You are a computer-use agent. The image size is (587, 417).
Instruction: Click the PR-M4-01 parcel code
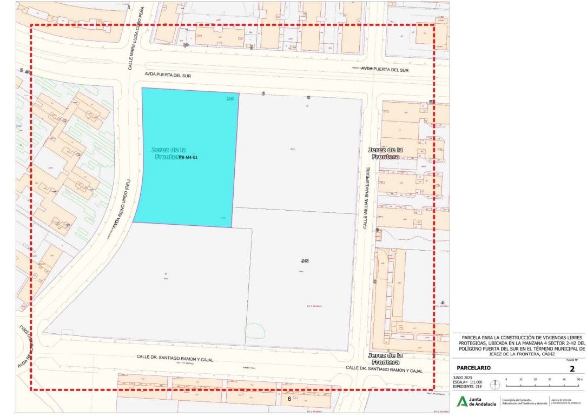pos(192,158)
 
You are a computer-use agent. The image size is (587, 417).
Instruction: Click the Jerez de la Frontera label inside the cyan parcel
pos(169,153)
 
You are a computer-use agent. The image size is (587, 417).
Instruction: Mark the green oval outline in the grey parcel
pos(256,331)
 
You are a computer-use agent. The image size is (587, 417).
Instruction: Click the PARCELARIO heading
pos(474,368)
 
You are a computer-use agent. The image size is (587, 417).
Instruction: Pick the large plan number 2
pos(572,369)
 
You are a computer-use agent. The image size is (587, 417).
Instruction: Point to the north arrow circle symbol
pos(494,385)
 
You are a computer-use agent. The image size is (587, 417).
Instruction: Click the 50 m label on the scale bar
pos(579,380)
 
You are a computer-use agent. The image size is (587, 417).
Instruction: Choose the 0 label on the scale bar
pos(506,380)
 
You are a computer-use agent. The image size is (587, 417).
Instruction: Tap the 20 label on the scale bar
pos(536,380)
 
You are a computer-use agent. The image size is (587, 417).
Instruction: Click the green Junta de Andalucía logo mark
pos(463,401)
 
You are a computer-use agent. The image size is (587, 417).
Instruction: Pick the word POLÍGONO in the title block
pos(471,348)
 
